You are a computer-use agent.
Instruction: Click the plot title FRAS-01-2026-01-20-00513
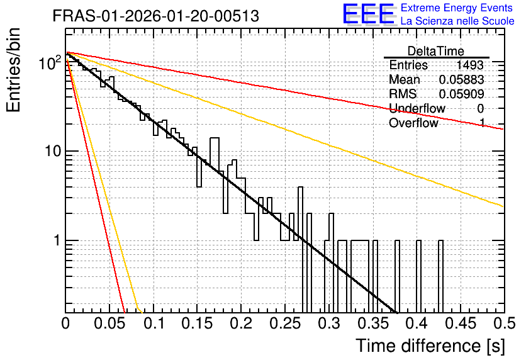click(155, 16)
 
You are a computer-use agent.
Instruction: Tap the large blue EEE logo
click(368, 14)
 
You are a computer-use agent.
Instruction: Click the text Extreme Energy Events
click(457, 8)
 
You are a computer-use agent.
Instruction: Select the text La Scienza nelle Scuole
click(457, 21)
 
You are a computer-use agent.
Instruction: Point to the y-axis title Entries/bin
click(13, 70)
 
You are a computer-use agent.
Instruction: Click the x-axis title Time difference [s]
click(430, 346)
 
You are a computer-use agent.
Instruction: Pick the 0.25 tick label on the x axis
click(286, 323)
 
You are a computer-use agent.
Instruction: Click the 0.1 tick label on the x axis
click(154, 323)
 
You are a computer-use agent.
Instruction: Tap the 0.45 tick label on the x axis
click(461, 323)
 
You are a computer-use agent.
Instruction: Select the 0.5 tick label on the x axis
click(504, 323)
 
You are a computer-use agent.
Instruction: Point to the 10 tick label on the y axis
click(53, 151)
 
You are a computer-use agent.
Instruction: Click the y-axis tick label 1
click(57, 240)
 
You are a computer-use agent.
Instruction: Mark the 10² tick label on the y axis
click(50, 62)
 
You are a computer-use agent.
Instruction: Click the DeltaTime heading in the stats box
click(436, 51)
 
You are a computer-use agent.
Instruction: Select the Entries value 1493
click(469, 65)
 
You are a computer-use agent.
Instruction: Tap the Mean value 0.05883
click(461, 79)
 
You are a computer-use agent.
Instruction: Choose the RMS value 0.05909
click(461, 94)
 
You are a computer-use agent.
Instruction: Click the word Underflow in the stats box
click(417, 108)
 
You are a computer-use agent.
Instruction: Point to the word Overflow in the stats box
click(413, 123)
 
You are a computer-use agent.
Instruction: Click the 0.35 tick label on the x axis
click(373, 323)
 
